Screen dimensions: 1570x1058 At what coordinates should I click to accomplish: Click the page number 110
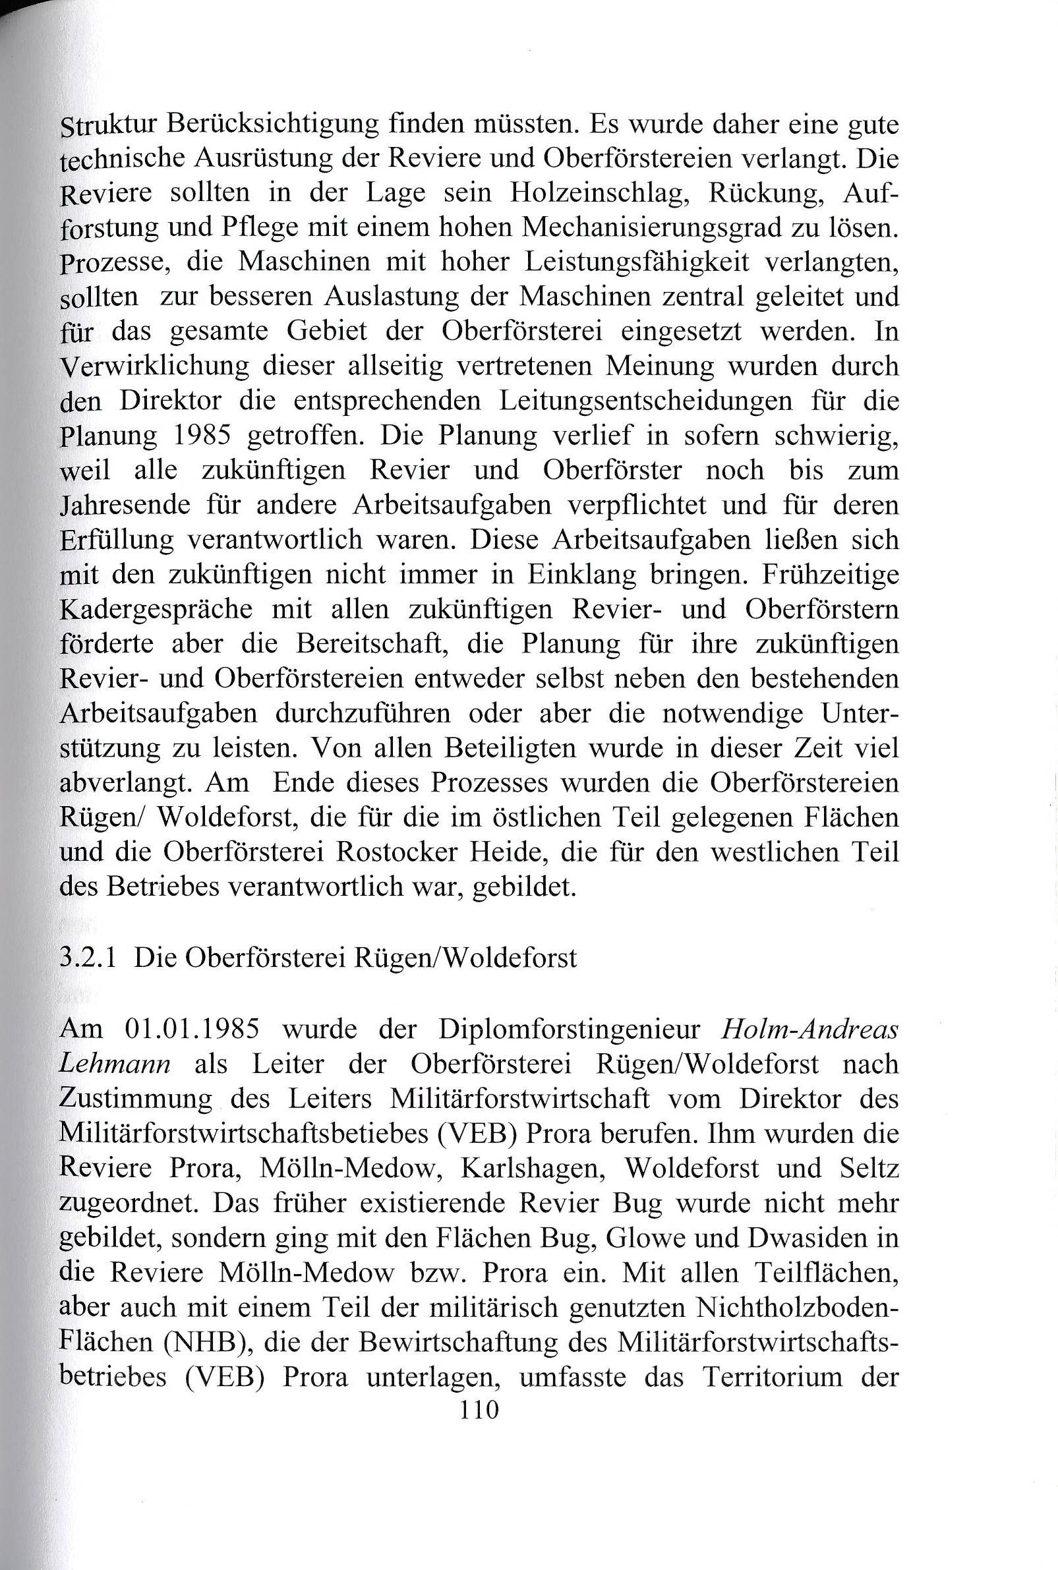[479, 1410]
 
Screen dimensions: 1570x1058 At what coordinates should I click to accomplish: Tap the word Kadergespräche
[156, 609]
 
